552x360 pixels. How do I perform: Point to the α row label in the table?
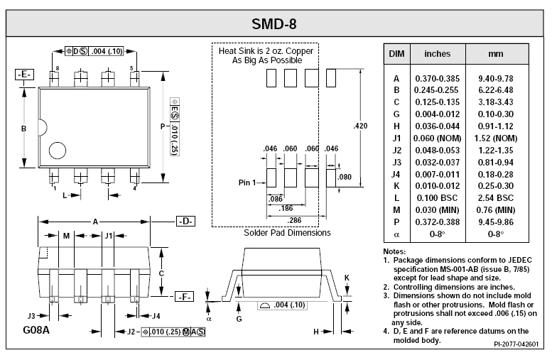tap(396, 233)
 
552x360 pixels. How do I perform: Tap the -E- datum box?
tap(24, 75)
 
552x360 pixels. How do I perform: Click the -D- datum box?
tap(185, 222)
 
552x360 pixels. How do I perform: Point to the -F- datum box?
tap(184, 297)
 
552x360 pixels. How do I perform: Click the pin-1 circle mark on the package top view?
tap(55, 151)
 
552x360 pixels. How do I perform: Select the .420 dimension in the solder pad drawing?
tap(361, 126)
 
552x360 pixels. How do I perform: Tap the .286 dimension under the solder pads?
tap(294, 221)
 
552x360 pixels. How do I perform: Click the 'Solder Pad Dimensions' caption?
tap(287, 233)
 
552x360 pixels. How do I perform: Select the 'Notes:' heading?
tap(394, 252)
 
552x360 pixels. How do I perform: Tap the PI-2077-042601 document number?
tap(516, 344)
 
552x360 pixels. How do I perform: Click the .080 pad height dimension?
tap(346, 177)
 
